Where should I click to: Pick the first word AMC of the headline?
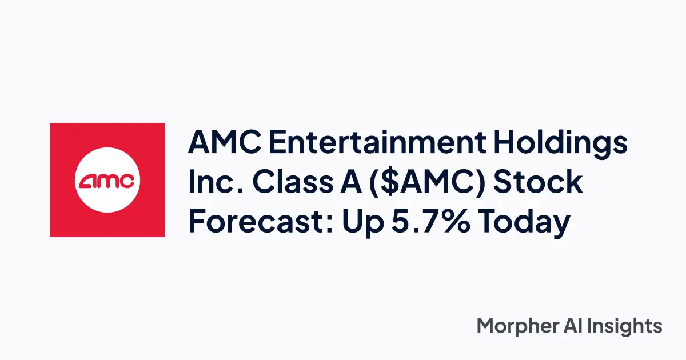click(224, 143)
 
